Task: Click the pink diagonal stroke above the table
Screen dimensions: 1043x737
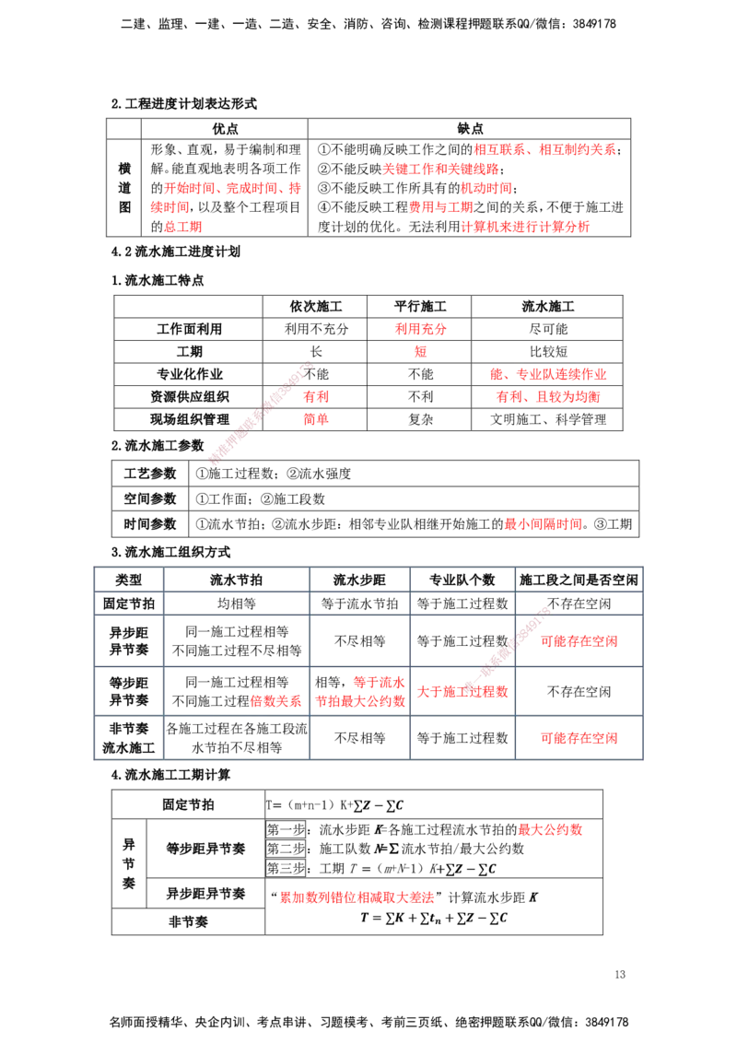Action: tap(261, 411)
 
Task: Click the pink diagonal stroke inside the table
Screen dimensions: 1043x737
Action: tap(506, 649)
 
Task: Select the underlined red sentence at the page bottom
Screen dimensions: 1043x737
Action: tap(357, 897)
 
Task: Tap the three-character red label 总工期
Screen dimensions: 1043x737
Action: tap(183, 226)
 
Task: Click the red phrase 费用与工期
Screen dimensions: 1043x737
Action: tap(440, 206)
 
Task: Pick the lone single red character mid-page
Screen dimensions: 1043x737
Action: tap(420, 351)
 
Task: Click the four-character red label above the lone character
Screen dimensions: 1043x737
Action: tap(420, 329)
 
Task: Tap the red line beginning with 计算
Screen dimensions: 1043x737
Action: tap(525, 226)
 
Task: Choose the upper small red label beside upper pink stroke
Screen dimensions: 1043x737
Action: tap(317, 397)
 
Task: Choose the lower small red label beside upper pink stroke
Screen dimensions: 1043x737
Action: tap(317, 419)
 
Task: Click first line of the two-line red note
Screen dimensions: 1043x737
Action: tap(550, 375)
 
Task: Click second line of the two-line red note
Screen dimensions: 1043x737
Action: tap(549, 397)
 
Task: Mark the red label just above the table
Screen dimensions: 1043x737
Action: tap(543, 523)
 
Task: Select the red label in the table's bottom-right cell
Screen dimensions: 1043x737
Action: tap(579, 737)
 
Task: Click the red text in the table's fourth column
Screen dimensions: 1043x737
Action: tap(462, 691)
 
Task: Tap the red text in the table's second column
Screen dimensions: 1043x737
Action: tap(276, 701)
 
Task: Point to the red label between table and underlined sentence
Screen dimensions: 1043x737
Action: tap(551, 830)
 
